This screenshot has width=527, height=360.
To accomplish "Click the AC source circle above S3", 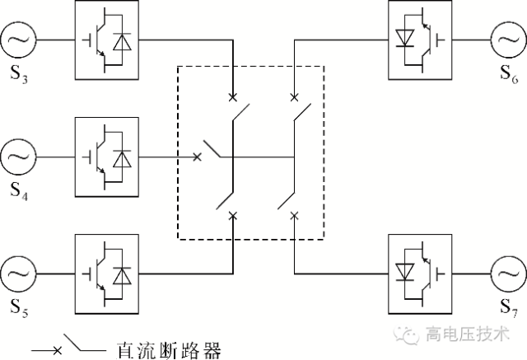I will click(18, 39).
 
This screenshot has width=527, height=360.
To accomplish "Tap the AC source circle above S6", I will click(509, 39).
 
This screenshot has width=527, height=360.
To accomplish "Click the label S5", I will click(20, 307).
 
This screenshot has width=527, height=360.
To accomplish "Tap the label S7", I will click(509, 307).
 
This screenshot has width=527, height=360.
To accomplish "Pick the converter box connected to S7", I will click(419, 273).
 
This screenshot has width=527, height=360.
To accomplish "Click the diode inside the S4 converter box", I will click(123, 157).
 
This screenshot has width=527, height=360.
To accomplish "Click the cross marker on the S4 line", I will click(198, 157).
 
